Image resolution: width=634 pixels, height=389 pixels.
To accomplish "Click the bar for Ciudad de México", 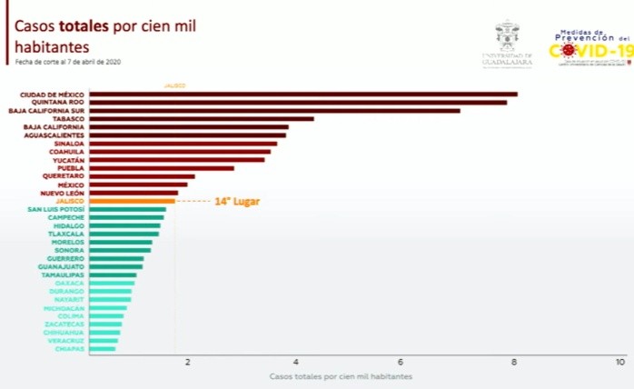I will pos(303,94).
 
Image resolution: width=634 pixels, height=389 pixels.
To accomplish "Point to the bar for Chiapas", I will pos(103,349).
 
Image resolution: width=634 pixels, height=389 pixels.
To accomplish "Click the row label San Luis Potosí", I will pos(56,209).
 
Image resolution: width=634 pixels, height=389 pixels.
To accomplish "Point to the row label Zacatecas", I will pos(64,324).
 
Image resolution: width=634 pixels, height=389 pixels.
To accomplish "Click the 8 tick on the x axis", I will pos(514,362).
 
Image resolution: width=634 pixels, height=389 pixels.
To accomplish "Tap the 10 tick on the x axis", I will pos(620,362).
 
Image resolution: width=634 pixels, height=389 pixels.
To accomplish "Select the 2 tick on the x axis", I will pos(188,362).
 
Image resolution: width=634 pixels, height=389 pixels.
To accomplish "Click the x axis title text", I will pos(341,375).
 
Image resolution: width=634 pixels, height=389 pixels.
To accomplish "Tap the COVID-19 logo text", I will pos(590,51).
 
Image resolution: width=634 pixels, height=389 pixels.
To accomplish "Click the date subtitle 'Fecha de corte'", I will pos(67,62).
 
